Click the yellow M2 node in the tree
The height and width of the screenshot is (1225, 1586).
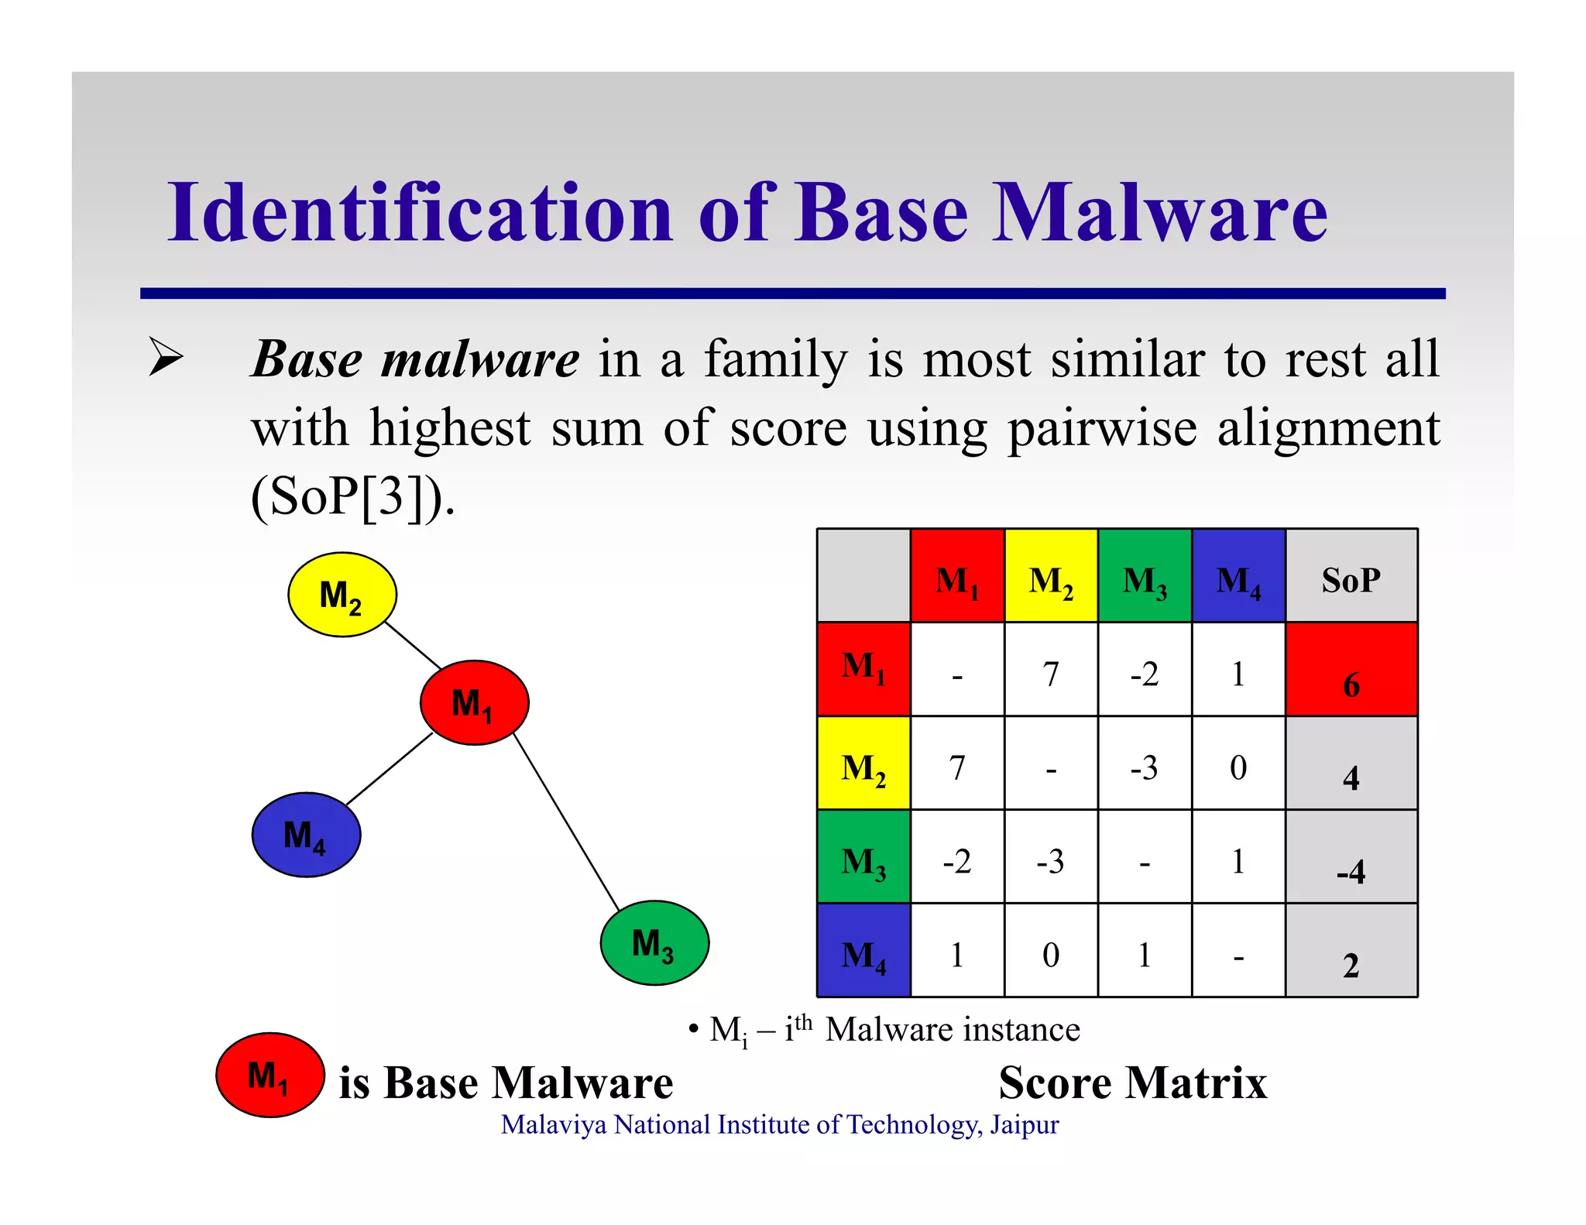click(x=342, y=595)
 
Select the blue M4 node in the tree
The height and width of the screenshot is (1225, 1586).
click(x=306, y=835)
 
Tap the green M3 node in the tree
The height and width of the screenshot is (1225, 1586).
click(x=654, y=942)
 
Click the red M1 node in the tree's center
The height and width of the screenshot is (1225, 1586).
click(x=474, y=702)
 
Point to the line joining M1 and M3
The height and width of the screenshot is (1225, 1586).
click(x=566, y=822)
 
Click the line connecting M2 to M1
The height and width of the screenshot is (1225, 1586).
click(x=413, y=644)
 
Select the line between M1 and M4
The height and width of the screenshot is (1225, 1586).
click(x=389, y=769)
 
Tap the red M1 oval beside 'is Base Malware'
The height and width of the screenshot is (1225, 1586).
click(x=269, y=1075)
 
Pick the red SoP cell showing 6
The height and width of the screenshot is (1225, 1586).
click(x=1351, y=670)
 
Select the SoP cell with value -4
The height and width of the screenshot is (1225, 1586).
click(x=1351, y=857)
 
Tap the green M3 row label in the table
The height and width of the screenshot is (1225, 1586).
click(x=863, y=857)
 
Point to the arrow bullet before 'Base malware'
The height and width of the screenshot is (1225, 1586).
click(x=166, y=358)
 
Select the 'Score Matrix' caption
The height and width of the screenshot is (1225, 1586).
click(x=1132, y=1082)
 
